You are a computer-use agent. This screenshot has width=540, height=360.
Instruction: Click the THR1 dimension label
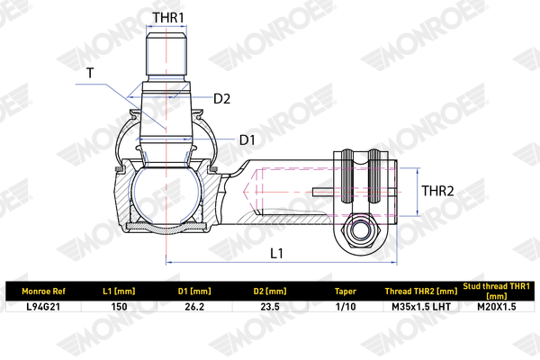[x=167, y=17]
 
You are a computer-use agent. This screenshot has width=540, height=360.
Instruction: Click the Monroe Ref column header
[x=42, y=292]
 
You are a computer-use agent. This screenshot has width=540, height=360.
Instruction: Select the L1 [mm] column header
[x=118, y=292]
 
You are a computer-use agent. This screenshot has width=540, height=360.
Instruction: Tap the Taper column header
[x=345, y=292]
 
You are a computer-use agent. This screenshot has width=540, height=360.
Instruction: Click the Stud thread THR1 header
[x=497, y=291]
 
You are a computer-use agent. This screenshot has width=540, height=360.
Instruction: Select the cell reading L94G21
[x=42, y=307]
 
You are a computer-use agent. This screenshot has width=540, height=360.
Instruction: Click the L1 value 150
[x=118, y=307]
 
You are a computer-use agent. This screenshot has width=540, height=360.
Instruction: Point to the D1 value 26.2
[x=193, y=307]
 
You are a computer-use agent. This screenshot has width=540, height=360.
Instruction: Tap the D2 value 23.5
[x=270, y=307]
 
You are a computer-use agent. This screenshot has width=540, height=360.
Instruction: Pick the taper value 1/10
[x=345, y=307]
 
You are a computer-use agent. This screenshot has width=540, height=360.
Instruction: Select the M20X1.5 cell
[x=497, y=307]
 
